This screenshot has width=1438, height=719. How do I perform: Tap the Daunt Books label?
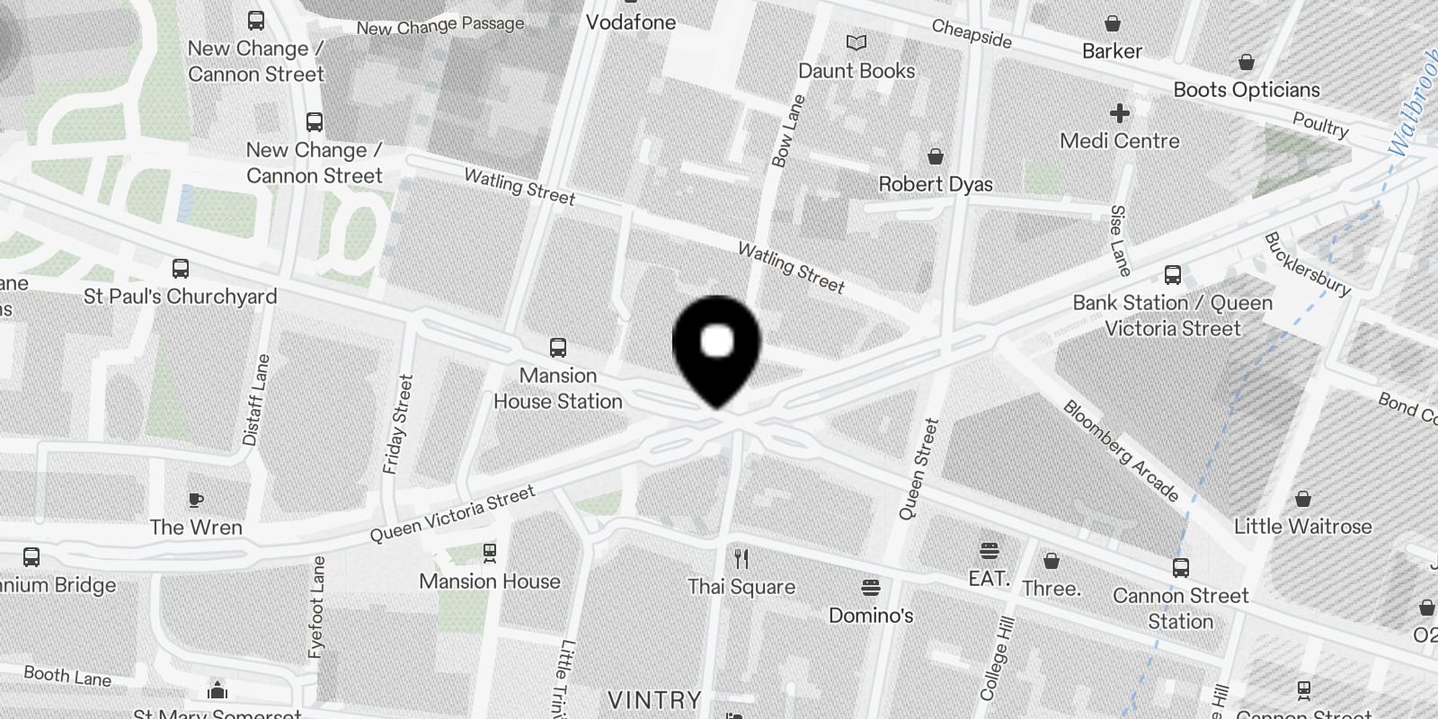857,71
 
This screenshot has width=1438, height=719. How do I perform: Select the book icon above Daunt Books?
857,42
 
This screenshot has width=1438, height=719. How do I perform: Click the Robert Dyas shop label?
936,184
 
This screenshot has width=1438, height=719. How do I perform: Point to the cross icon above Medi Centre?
1119,113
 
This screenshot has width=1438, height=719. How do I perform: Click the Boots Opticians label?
1247,90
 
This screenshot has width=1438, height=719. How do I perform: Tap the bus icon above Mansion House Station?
558,348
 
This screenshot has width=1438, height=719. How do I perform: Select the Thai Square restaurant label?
741,588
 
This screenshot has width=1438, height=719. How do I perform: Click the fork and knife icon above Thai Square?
741,559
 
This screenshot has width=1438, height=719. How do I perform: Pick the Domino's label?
871,616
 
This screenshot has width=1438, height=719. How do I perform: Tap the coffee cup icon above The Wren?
196,500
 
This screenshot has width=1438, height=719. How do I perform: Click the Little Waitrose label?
1302,527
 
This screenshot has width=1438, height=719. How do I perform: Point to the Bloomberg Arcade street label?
1121,450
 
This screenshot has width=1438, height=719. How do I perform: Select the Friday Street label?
398,424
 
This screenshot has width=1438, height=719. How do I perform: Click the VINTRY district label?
654,700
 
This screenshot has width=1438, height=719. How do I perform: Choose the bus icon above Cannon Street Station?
1180,568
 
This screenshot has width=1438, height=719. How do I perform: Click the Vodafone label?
631,22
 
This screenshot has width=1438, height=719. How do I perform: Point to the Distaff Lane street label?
256,400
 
